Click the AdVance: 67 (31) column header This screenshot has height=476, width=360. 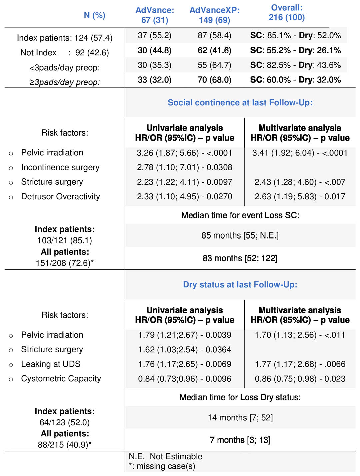pos(155,15)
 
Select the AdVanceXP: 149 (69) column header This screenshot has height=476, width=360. pos(214,15)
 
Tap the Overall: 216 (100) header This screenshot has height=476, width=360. pos(287,12)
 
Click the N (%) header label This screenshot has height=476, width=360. pos(94,15)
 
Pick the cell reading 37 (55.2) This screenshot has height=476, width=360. pos(155,35)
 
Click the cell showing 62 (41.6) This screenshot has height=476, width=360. pos(214,50)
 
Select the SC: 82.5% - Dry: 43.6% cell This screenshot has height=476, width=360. pos(295,65)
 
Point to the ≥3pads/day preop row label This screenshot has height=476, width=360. pos(65,82)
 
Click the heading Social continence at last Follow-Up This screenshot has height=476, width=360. pos(240,103)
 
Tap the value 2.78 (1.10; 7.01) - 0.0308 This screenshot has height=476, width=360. pos(185,167)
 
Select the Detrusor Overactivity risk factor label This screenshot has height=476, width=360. pos(60,197)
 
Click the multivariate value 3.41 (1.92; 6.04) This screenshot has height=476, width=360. pos(283,153)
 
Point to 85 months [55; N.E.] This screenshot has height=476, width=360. pos(240,235)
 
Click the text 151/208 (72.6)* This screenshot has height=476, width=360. pos(65,263)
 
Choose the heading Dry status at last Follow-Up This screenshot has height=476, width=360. pos(240,285)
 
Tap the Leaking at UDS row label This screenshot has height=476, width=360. pos(51,364)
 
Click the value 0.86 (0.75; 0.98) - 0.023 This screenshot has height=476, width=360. pos(300,379)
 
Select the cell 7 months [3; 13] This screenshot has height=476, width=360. pos(240,440)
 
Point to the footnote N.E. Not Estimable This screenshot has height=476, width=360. pos(165,456)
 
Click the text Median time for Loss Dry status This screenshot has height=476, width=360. pos(240,397)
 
